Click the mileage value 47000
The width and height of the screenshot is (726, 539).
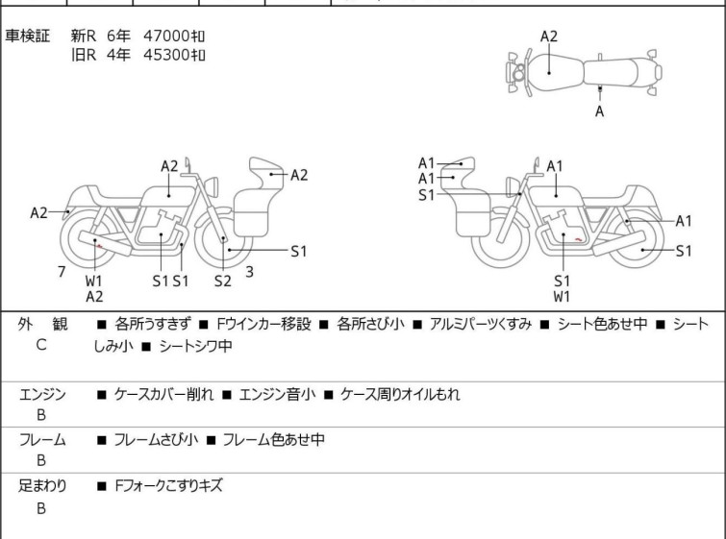click(x=167, y=36)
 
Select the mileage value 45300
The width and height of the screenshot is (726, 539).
click(x=167, y=56)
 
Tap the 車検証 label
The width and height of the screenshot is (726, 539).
click(x=28, y=36)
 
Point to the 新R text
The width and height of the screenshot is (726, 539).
click(x=86, y=36)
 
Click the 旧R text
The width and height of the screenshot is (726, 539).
click(x=86, y=56)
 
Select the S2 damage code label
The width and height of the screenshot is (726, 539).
click(x=222, y=281)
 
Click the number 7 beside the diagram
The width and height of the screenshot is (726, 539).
click(x=62, y=272)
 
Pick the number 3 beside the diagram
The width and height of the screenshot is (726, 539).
click(x=249, y=272)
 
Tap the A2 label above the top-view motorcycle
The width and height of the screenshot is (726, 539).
click(x=548, y=37)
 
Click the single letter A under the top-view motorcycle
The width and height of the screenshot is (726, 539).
click(x=600, y=111)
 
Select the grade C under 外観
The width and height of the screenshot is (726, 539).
click(x=41, y=344)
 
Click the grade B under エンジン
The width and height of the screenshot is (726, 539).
click(x=41, y=415)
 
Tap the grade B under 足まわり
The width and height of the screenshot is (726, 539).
click(x=41, y=508)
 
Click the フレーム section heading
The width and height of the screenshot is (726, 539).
click(x=42, y=440)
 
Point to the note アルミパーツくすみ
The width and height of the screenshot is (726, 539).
click(x=480, y=325)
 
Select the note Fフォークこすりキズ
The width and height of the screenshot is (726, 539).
click(x=167, y=486)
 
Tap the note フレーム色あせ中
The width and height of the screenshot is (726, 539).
click(x=273, y=440)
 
